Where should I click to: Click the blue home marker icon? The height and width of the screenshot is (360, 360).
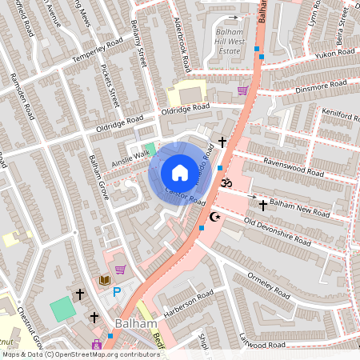179,172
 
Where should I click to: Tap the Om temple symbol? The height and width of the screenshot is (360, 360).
226,182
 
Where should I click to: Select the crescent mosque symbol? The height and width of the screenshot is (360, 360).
214,217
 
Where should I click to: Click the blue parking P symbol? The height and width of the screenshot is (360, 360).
117,293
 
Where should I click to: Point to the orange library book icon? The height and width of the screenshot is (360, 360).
103,279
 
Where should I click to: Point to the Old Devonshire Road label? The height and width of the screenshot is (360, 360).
277,230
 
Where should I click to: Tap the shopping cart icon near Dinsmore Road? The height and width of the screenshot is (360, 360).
242,90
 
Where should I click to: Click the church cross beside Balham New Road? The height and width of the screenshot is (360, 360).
263,206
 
